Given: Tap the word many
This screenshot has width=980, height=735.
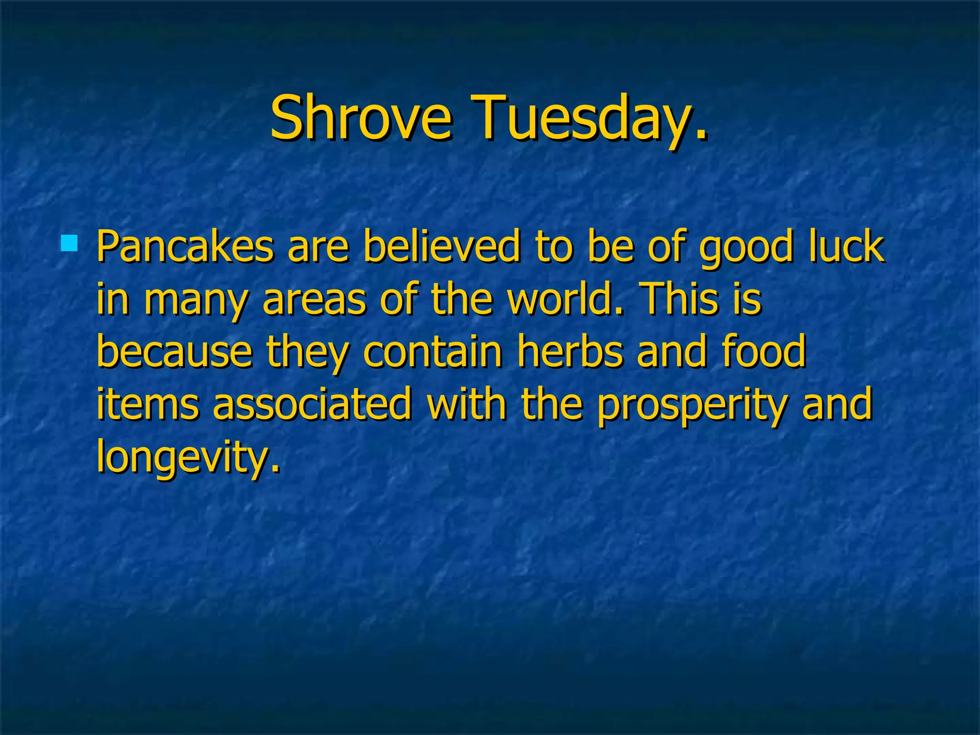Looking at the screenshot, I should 195,301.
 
